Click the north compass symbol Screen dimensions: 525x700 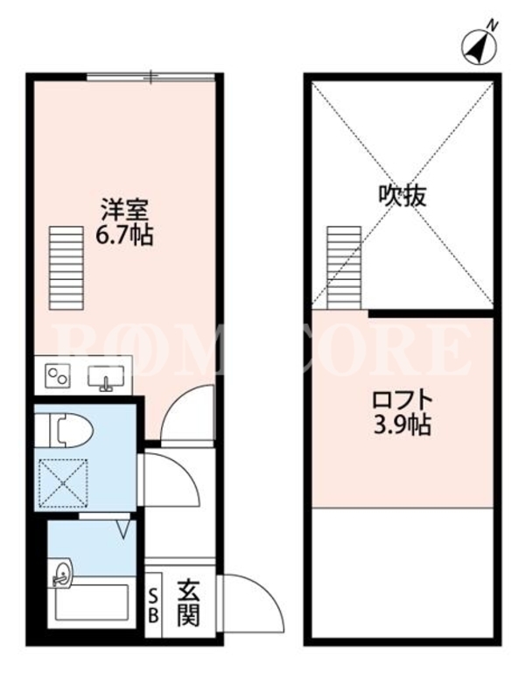point(478,46)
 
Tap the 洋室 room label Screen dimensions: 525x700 point(124,209)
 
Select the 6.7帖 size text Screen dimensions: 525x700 point(124,234)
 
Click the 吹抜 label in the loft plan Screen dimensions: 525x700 point(402,195)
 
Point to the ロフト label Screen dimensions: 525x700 point(402,400)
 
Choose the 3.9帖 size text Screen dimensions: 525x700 point(402,424)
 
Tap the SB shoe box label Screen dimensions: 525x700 point(153,605)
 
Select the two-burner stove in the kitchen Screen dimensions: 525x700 point(59,376)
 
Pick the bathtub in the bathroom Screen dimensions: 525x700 point(92,603)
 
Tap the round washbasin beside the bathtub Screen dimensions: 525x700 point(60,573)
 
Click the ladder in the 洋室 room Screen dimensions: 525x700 point(66,268)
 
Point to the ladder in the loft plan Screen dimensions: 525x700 point(344,268)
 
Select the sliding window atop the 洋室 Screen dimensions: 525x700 point(150,77)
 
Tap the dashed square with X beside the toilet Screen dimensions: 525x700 point(63,483)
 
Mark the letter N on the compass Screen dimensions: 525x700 point(493,26)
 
